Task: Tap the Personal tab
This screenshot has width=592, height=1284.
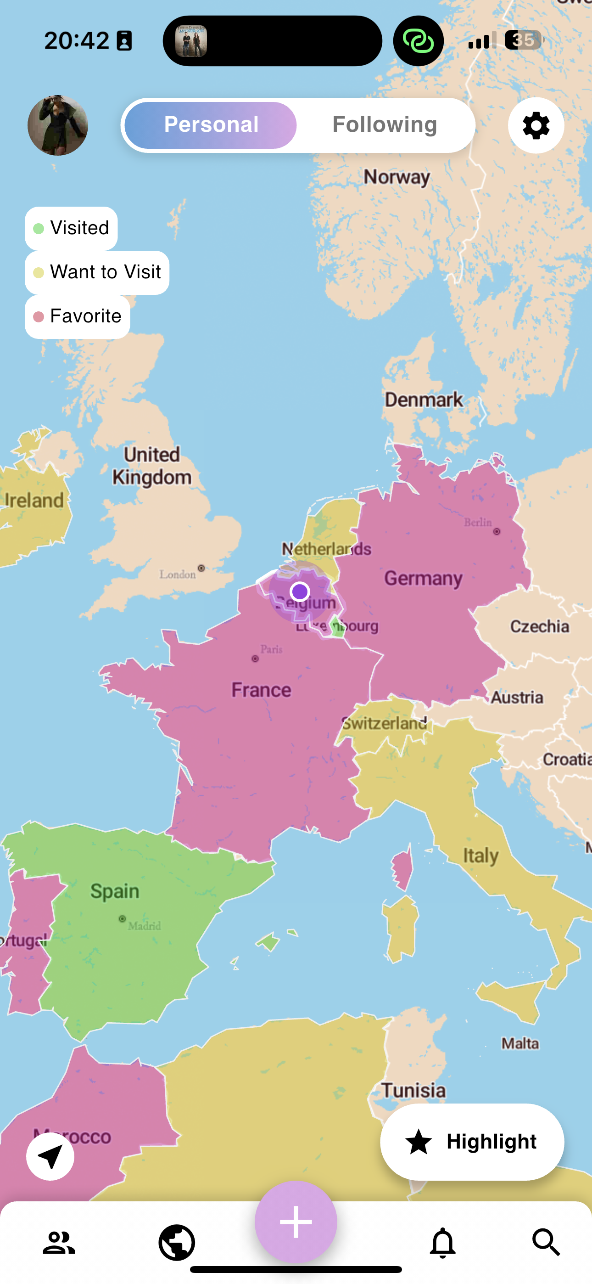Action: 211,124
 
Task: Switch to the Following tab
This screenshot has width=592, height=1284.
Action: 384,124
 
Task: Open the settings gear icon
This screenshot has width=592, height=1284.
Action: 536,125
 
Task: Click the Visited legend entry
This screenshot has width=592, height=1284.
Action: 71,228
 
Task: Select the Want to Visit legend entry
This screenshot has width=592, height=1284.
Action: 97,272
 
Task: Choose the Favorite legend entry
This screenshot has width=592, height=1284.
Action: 78,316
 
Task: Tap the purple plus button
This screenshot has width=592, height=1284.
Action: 296,1222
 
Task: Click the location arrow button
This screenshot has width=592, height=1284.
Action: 50,1156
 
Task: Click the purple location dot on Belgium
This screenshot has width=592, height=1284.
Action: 300,591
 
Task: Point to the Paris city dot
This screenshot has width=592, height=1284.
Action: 255,659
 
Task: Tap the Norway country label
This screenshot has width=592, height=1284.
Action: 397,177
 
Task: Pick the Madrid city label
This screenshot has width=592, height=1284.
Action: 145,926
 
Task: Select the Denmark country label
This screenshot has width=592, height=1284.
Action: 424,399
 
